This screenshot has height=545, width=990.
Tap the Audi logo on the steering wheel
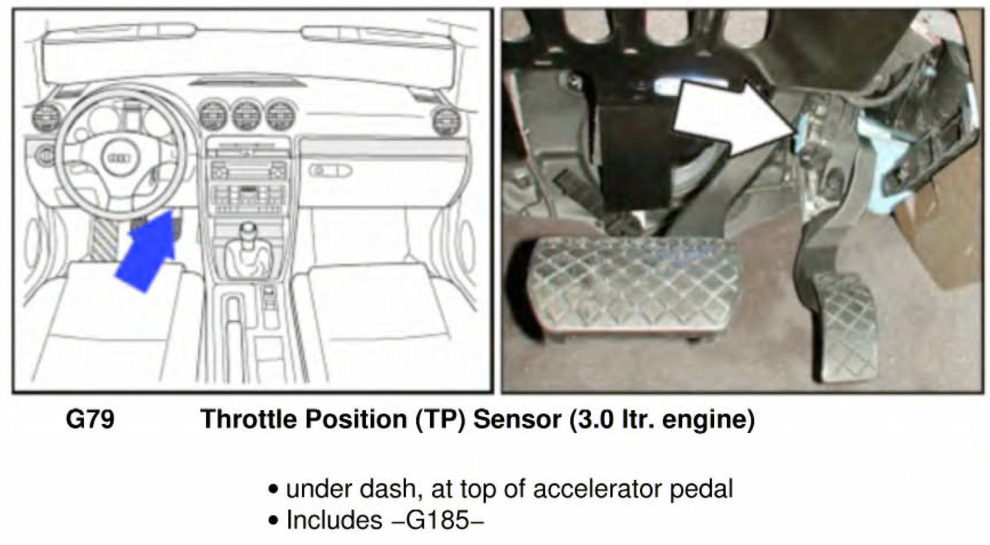tap(119, 158)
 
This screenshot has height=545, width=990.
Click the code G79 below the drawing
tap(90, 419)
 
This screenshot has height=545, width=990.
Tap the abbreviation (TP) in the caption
tap(441, 419)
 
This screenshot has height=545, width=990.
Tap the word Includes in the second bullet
tap(334, 520)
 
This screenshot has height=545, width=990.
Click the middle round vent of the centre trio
tap(247, 115)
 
